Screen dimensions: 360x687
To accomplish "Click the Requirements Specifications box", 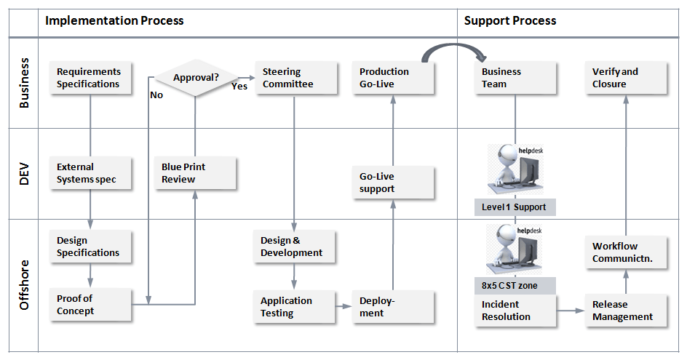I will [x=91, y=78].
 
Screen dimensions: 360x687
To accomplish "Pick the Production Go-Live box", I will [x=394, y=78].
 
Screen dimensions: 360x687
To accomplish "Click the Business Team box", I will [x=516, y=78].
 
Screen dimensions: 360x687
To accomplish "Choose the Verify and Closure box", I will [x=627, y=78].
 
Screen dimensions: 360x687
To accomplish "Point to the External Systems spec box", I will [x=91, y=173].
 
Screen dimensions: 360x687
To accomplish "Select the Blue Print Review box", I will [x=196, y=173].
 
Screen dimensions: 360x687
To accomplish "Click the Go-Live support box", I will [x=394, y=183].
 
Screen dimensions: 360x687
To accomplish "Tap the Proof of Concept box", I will [x=91, y=305].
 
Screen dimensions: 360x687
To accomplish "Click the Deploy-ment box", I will [x=394, y=307].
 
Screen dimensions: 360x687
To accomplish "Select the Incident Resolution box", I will [x=516, y=311].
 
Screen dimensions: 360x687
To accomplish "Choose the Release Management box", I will [x=627, y=311].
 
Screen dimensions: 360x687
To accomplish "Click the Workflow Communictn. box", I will [x=627, y=252].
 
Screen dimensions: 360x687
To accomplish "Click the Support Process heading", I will [x=510, y=20].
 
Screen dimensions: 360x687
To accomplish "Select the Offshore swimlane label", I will [x=24, y=285].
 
